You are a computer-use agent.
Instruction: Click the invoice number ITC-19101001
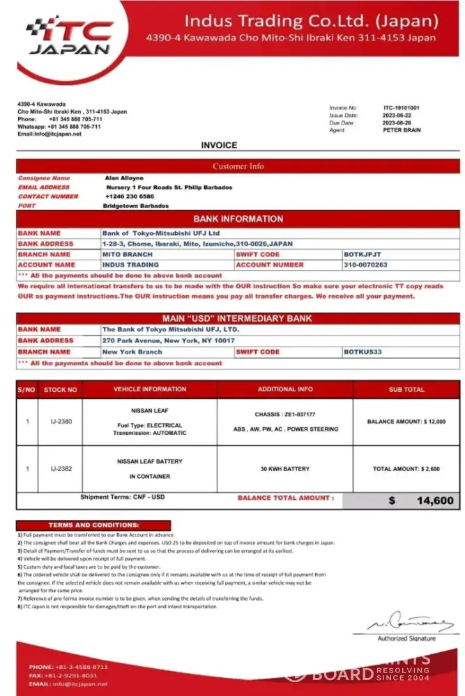click(x=402, y=109)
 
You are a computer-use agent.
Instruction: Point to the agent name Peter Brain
click(x=402, y=130)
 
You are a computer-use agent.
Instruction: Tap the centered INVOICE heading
click(x=219, y=145)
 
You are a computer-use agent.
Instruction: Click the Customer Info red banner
click(x=238, y=166)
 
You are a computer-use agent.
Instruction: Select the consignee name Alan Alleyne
click(x=124, y=178)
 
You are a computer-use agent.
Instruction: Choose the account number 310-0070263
click(x=365, y=265)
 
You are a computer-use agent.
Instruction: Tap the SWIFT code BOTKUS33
click(x=363, y=352)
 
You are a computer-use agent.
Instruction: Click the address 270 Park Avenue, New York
click(x=168, y=341)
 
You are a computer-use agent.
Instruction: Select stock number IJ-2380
click(x=61, y=422)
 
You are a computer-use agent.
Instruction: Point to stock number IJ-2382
click(x=61, y=469)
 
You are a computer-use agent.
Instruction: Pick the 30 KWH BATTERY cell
click(x=284, y=469)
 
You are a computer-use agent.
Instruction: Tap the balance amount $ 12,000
click(x=406, y=422)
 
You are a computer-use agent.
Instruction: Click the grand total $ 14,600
click(x=421, y=500)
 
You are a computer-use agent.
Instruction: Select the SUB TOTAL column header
click(x=406, y=390)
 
